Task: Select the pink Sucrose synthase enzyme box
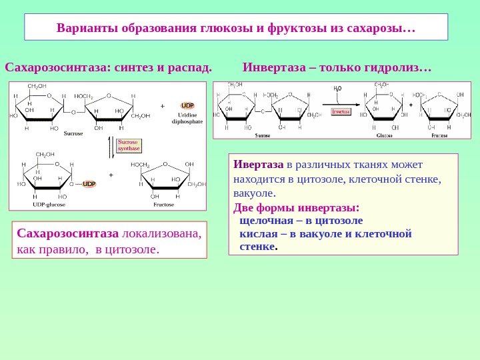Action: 129,145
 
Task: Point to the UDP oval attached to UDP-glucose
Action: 89,183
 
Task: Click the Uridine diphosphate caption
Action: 187,119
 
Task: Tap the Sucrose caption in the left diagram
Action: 73,133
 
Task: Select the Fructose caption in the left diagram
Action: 163,205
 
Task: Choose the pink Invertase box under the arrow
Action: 341,112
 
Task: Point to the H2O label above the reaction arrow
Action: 337,87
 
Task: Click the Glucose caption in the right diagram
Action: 383,135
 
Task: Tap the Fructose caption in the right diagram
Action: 439,135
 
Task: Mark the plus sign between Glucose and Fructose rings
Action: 411,105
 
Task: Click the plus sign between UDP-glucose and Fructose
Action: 111,175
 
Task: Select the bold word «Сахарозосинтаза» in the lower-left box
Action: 59,233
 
